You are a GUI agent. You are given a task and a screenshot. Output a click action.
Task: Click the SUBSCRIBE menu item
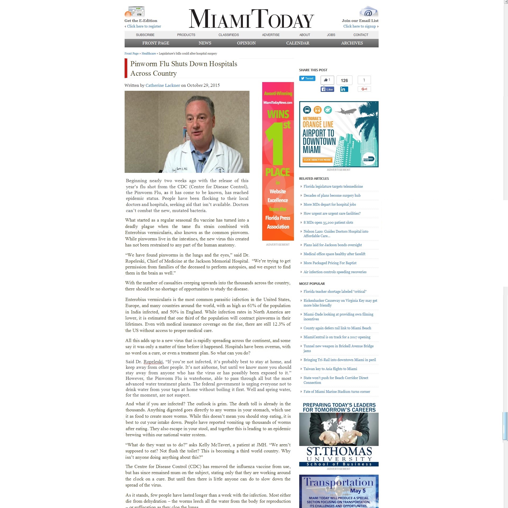pos(145,35)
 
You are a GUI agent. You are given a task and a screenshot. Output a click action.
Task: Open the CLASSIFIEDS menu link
pos(229,35)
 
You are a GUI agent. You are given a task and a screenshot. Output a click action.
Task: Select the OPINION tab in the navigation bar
pos(246,43)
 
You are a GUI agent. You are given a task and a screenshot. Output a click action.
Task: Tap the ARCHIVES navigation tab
pos(352,43)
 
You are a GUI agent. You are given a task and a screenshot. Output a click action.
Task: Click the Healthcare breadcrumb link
pos(148,53)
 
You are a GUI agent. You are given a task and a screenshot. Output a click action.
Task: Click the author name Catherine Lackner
pos(162,86)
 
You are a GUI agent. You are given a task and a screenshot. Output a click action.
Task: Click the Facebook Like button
pos(327,89)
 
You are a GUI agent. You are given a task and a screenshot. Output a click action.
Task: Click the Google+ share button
pos(364,89)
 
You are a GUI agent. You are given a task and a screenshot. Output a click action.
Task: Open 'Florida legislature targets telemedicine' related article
pos(333,187)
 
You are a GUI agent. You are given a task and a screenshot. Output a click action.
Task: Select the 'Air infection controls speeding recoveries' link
pos(335,272)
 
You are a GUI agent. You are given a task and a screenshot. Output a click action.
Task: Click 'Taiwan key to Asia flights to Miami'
pos(330,369)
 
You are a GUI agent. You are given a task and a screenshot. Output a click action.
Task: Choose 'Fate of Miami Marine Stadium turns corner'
pos(337,392)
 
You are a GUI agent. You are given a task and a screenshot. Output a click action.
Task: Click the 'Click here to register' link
pos(144,26)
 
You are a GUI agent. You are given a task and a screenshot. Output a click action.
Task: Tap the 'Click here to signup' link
pos(359,26)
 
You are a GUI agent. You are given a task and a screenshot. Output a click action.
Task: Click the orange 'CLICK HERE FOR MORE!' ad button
pos(317,160)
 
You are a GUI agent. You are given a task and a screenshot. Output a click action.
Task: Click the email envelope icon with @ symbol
pos(369,12)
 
